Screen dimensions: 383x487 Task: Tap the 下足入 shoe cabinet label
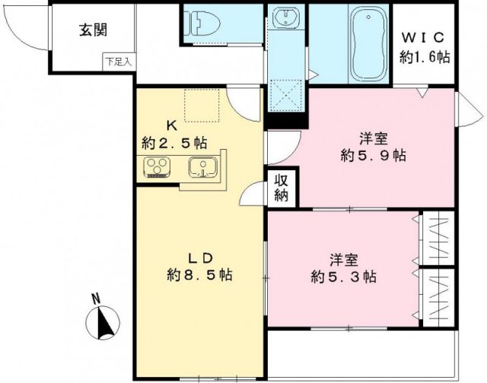click(119, 60)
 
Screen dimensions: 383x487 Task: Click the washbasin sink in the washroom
click(289, 20)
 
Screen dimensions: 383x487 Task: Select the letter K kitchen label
click(173, 125)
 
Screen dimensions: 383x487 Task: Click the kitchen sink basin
click(203, 166)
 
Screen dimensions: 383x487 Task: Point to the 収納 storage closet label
click(282, 188)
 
